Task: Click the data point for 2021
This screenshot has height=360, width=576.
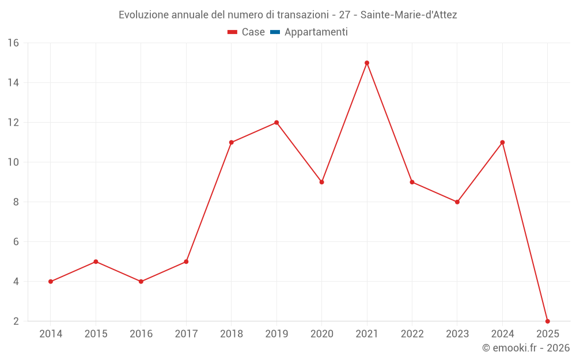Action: (367, 63)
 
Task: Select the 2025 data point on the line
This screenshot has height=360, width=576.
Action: (547, 321)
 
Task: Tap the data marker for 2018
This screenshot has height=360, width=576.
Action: (231, 142)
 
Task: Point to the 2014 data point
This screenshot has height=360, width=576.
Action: (51, 282)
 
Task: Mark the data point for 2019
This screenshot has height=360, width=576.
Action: (276, 122)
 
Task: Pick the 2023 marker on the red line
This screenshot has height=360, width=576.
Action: (457, 202)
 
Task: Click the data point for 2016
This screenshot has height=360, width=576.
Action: (141, 282)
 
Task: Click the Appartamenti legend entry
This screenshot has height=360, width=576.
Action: (316, 32)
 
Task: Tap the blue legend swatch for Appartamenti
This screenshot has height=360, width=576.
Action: (275, 32)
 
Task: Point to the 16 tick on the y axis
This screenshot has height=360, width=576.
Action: (13, 43)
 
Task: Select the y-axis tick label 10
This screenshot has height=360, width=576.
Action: (13, 162)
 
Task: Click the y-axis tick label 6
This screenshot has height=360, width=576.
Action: (15, 242)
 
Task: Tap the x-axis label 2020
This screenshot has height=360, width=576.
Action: (321, 334)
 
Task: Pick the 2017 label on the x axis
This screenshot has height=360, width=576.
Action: (186, 334)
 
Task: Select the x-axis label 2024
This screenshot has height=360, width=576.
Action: (502, 334)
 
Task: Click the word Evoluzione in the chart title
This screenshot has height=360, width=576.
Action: (143, 15)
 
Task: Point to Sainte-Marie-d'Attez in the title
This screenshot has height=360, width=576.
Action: (408, 15)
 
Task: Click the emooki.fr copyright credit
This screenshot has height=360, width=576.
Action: (526, 348)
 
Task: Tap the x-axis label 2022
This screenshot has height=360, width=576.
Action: (412, 334)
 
